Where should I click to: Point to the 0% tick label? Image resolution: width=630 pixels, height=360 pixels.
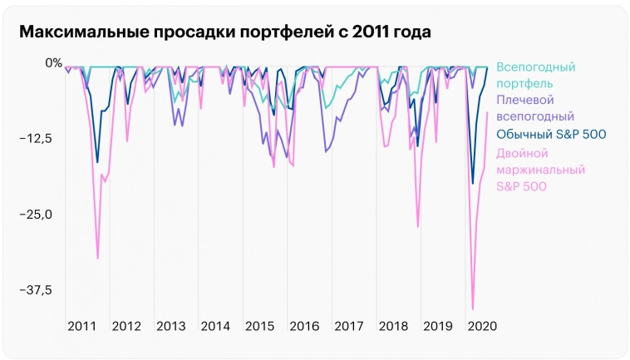pos(53,62)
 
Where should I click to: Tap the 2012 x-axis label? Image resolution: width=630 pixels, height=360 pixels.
pos(126,326)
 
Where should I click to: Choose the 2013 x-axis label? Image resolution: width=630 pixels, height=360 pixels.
pos(171,326)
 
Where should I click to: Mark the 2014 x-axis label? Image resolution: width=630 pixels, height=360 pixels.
pos(215,326)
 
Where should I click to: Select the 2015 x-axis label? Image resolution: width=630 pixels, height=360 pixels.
pos(260,326)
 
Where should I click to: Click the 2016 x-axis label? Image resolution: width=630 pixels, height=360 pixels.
pos(304,326)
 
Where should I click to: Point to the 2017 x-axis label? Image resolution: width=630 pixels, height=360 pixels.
pos(349,326)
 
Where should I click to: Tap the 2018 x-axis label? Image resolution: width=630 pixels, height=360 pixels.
pos(393,326)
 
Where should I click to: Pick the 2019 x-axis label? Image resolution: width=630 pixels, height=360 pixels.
pos(438,326)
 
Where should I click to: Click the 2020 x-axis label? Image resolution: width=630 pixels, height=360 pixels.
pos(482,326)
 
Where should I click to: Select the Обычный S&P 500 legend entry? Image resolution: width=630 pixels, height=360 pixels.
pos(550,135)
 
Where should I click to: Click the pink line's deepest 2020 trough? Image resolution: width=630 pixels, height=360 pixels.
pos(473,308)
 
